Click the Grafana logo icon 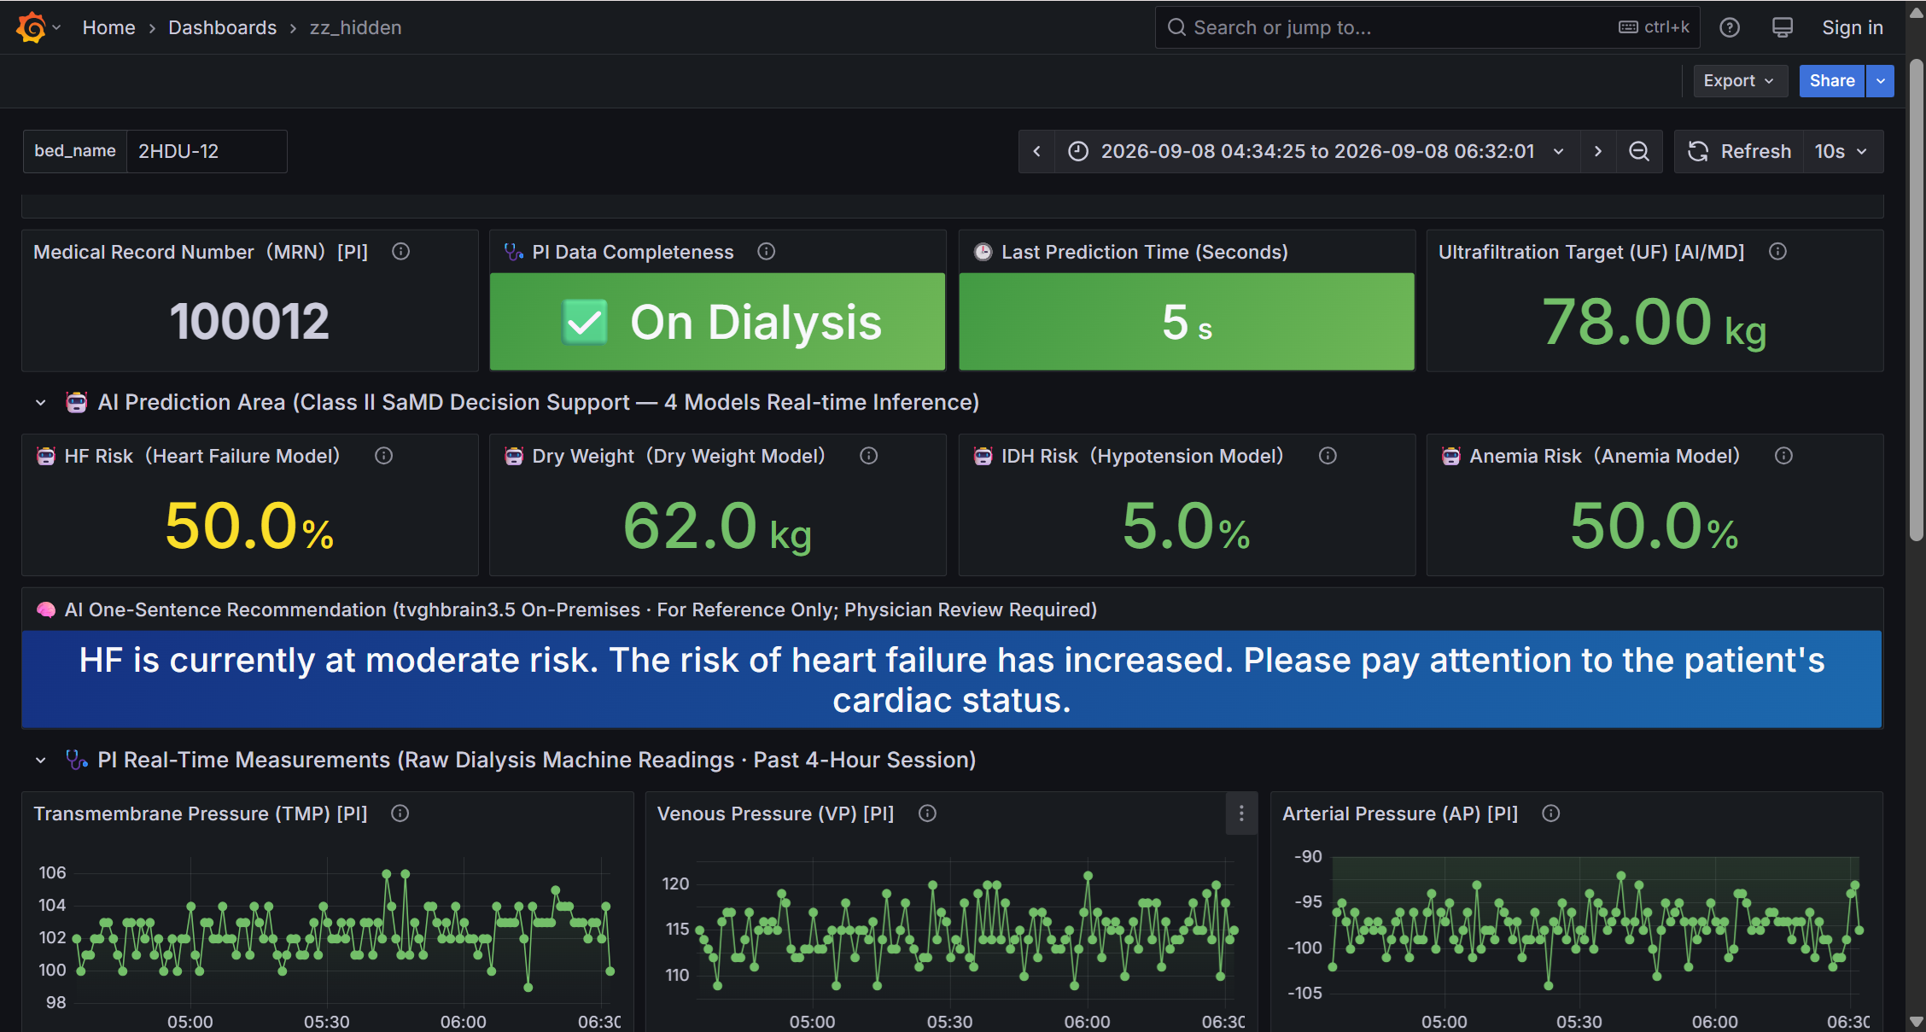pos(32,27)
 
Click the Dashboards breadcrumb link pos(222,27)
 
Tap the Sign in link pos(1852,27)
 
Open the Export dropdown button pos(1739,80)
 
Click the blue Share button pos(1831,80)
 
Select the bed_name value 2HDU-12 pos(178,151)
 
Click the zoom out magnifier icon pos(1638,151)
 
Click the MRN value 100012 pos(249,322)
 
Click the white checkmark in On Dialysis pos(585,322)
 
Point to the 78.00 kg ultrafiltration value pos(1655,323)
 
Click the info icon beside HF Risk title pos(384,456)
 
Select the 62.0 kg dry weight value pos(718,527)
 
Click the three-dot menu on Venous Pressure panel pos(1241,813)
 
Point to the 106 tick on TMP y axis pos(52,872)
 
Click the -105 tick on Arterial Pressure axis pos(1304,993)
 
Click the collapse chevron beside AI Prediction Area pos(40,402)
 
